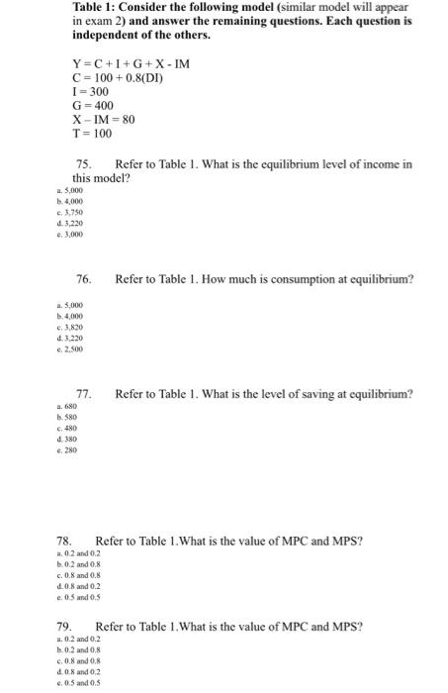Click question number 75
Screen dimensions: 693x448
84,162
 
